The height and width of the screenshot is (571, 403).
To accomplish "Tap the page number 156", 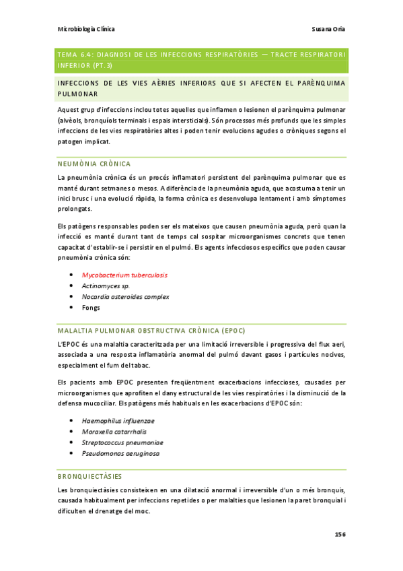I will click(340, 534).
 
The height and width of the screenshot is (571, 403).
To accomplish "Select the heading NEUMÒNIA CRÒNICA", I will click(94, 164).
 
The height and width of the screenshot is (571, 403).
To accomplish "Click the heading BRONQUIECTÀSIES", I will click(89, 476).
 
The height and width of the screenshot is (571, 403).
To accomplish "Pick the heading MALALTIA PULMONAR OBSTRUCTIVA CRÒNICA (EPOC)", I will click(151, 331).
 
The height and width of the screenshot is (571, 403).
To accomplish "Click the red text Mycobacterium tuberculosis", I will click(124, 275).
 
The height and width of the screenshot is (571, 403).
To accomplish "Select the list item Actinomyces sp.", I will click(106, 285).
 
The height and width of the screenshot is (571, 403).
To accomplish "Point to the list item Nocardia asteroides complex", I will click(125, 296).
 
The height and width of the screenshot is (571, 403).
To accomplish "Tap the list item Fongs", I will click(91, 307).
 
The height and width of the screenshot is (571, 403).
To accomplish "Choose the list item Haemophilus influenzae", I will click(118, 420).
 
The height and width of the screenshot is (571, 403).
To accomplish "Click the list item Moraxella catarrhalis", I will click(114, 431).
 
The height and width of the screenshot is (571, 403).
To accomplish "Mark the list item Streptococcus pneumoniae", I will click(122, 442).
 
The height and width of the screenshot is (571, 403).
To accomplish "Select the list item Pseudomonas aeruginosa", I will click(120, 453).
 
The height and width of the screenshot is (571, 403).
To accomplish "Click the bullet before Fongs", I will click(71, 308).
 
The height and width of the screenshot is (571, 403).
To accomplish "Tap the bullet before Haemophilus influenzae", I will click(71, 421).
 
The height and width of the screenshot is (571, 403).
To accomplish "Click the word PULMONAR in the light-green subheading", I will click(77, 94).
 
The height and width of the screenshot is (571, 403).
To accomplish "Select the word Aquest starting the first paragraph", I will click(69, 109).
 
